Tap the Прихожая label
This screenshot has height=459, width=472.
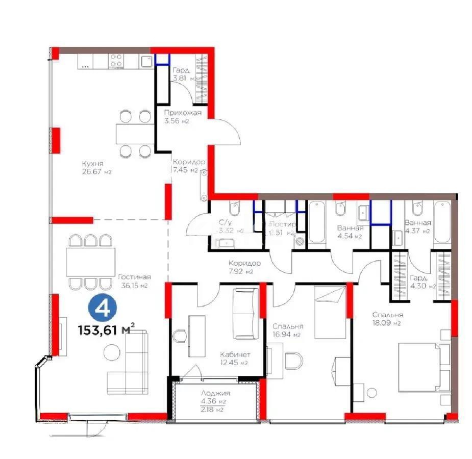coord(183,113)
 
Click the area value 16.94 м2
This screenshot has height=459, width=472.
coord(288,335)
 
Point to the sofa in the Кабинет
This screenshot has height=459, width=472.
coord(245,313)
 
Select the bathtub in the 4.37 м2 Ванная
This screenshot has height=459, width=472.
coord(442,223)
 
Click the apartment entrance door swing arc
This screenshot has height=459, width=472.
coord(228,130)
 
